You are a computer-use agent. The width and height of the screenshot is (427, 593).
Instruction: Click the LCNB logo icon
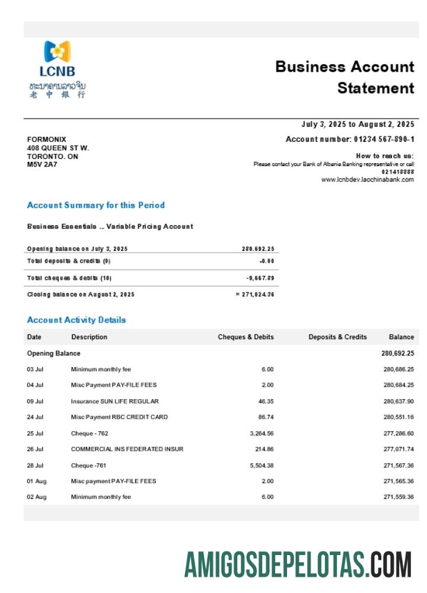tap(58, 52)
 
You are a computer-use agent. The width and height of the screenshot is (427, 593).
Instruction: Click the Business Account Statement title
tap(345, 77)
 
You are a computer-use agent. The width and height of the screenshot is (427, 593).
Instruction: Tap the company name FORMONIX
tap(47, 139)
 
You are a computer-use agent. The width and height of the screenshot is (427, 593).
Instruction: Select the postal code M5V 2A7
tap(42, 165)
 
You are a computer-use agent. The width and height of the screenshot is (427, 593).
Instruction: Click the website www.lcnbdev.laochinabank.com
tap(367, 180)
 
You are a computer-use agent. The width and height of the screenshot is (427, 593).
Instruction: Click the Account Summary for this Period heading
tap(96, 205)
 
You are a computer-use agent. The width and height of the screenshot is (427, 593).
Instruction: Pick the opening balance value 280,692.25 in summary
tap(258, 249)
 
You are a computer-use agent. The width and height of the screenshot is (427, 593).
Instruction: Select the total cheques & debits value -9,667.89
tap(260, 278)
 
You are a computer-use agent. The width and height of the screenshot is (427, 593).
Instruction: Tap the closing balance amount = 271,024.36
tap(255, 295)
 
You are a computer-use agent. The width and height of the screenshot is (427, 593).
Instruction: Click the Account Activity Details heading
tap(77, 320)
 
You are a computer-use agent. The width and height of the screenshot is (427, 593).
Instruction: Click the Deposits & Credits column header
tap(337, 337)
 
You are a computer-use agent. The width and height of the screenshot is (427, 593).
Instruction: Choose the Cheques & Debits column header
tap(246, 337)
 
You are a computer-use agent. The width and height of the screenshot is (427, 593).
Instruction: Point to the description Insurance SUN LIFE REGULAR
tap(114, 401)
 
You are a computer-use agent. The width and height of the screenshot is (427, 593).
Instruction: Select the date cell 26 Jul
tap(35, 449)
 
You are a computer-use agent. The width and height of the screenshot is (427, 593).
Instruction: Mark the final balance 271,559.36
tap(399, 497)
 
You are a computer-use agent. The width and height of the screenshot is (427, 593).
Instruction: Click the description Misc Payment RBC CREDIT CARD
tap(119, 417)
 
